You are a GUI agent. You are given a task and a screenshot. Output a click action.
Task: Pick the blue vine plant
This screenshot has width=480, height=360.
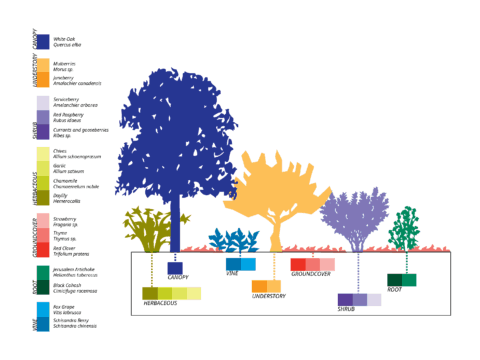pos(237,241)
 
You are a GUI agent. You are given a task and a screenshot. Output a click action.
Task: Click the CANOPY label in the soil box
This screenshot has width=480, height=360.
pos(180,277)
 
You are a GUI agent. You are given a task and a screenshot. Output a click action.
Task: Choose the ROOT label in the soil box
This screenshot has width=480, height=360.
pos(395,290)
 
